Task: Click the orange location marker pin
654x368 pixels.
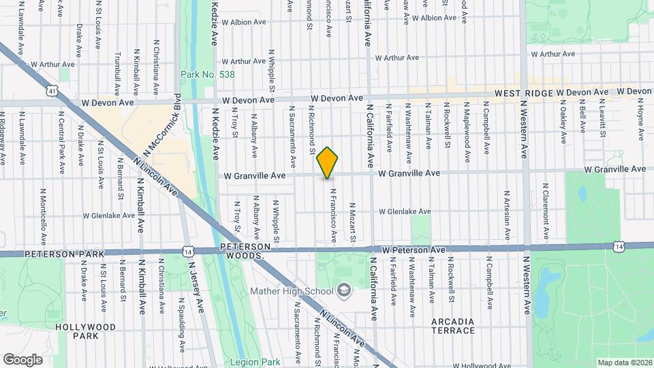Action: pyautogui.click(x=327, y=163)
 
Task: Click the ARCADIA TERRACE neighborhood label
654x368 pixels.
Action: pyautogui.click(x=453, y=326)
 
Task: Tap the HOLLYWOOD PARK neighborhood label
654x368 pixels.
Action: pyautogui.click(x=86, y=331)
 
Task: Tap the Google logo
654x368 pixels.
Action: pyautogui.click(x=22, y=359)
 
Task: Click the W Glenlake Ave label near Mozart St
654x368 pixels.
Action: pyautogui.click(x=405, y=212)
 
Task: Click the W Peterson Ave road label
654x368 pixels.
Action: pyautogui.click(x=414, y=250)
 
